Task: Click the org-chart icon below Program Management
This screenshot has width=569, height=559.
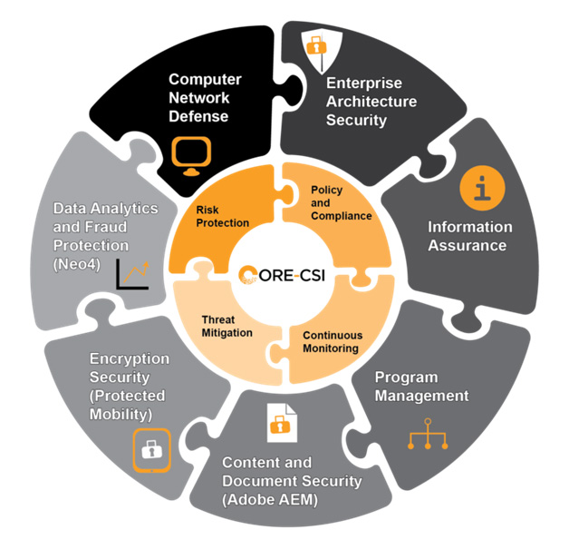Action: click(x=430, y=437)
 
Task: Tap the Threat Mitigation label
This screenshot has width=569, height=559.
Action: click(x=227, y=326)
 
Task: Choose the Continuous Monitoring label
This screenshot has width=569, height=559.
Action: click(x=331, y=341)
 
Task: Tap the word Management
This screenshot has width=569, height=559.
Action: click(x=423, y=396)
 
